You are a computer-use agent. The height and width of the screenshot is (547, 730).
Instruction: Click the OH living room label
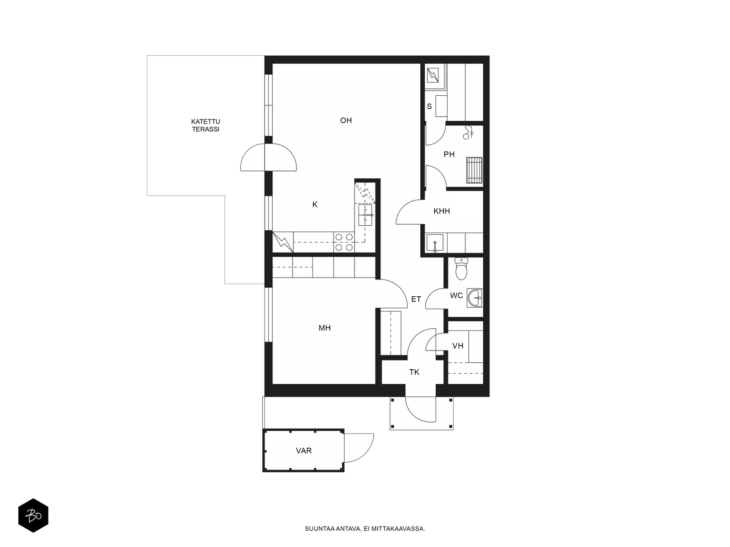pos(345,120)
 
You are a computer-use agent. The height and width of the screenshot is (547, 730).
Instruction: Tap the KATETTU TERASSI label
pos(205,125)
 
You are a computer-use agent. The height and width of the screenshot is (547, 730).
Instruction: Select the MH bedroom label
pos(324,328)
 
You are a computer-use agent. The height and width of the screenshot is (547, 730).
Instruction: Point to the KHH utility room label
pos(442,211)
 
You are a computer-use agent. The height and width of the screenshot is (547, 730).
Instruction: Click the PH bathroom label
pos(449,154)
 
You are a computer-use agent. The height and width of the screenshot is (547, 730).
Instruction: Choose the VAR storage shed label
pos(304,451)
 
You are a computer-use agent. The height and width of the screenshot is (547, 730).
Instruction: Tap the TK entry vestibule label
pos(414,372)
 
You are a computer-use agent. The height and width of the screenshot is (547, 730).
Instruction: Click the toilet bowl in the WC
pos(461,268)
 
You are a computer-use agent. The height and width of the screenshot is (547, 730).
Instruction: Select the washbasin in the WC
pos(474,298)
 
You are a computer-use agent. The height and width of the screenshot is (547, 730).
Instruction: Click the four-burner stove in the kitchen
pos(344,242)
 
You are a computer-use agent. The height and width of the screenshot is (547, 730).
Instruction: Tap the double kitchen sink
pos(365,215)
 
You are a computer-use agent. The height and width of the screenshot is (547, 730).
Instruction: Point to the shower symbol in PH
pos(468,132)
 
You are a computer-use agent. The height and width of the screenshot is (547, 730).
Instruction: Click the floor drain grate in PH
pos(474,170)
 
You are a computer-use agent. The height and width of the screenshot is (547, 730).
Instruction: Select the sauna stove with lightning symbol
pos(433,75)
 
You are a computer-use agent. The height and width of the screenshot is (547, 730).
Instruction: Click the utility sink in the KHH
pos(435,243)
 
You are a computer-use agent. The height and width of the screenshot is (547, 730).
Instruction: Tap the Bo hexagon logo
pos(33,516)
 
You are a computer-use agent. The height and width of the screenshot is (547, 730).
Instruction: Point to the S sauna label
pos(429,106)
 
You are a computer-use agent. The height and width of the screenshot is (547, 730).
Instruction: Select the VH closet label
pos(458,346)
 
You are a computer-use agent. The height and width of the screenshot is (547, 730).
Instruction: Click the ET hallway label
pos(416,299)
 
